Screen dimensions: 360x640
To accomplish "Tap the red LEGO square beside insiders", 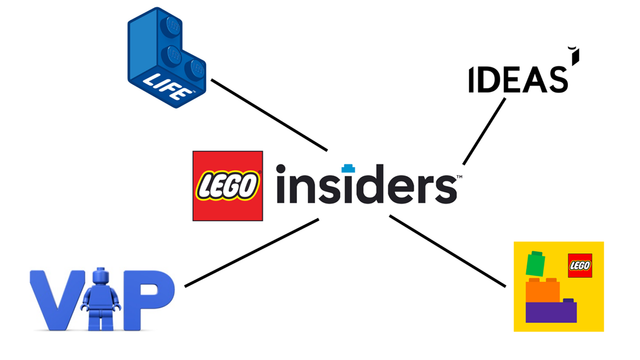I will click(x=227, y=186).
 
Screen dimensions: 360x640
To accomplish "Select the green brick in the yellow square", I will click(x=535, y=263).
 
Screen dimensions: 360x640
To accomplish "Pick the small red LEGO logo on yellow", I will click(x=580, y=265).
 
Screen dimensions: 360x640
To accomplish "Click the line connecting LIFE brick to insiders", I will click(x=269, y=115).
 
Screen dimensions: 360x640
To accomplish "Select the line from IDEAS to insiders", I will click(x=484, y=131).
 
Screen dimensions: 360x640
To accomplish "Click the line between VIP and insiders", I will click(x=251, y=253).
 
